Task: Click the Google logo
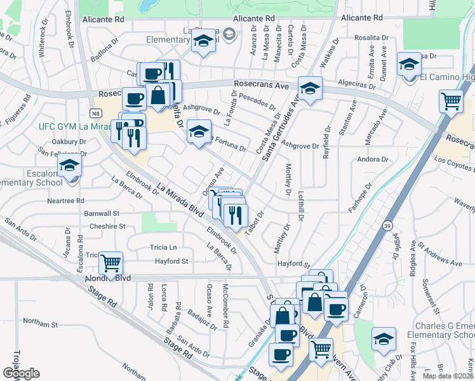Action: tap(21, 373)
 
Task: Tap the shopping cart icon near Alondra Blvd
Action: tap(110, 263)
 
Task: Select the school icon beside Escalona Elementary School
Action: tap(69, 167)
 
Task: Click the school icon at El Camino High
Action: tap(409, 64)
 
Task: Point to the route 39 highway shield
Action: tap(387, 225)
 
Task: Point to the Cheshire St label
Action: tap(107, 226)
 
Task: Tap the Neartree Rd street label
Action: tap(65, 200)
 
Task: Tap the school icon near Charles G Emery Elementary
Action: tap(384, 339)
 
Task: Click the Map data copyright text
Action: tap(447, 376)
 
